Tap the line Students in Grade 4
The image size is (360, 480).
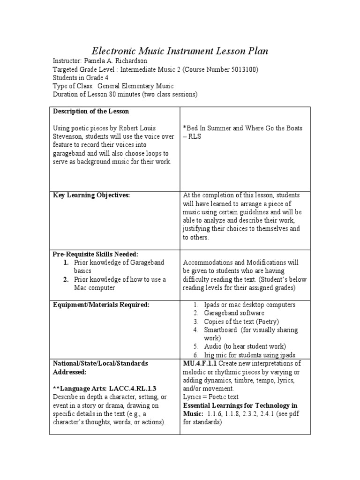78,78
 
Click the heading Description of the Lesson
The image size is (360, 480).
91,112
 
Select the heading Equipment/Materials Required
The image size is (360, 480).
101,305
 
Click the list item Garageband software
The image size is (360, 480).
234,313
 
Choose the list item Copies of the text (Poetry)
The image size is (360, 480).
241,322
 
